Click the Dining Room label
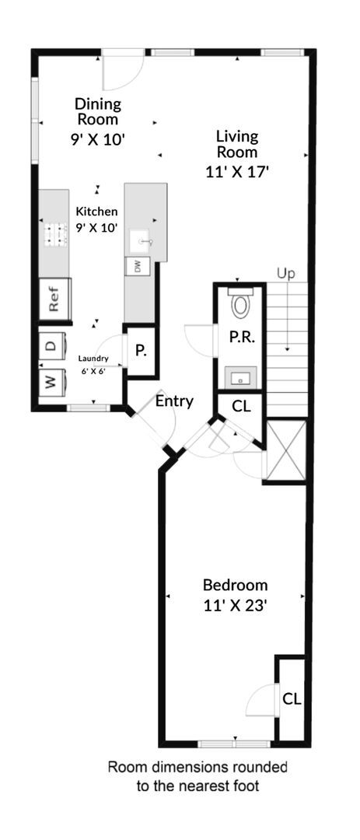tap(97, 111)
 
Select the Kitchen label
tap(97, 211)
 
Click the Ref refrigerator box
tap(54, 300)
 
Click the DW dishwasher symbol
tap(138, 266)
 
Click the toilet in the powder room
tap(240, 303)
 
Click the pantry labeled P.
tap(141, 351)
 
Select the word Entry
tap(174, 401)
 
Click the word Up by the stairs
tap(286, 274)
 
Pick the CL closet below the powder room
tap(241, 406)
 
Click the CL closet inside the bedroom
tap(292, 698)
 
